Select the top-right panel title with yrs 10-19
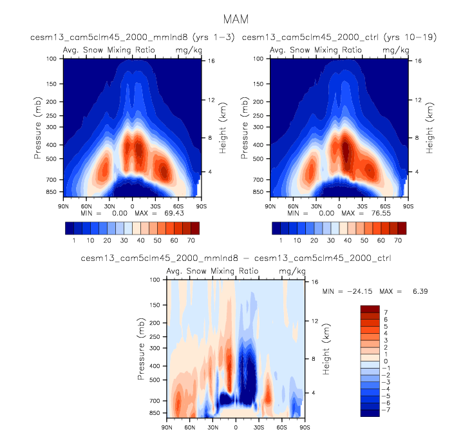point(339,38)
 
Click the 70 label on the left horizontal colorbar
point(191,240)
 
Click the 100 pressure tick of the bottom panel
point(155,280)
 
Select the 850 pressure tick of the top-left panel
point(51,192)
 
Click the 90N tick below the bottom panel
point(167,427)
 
